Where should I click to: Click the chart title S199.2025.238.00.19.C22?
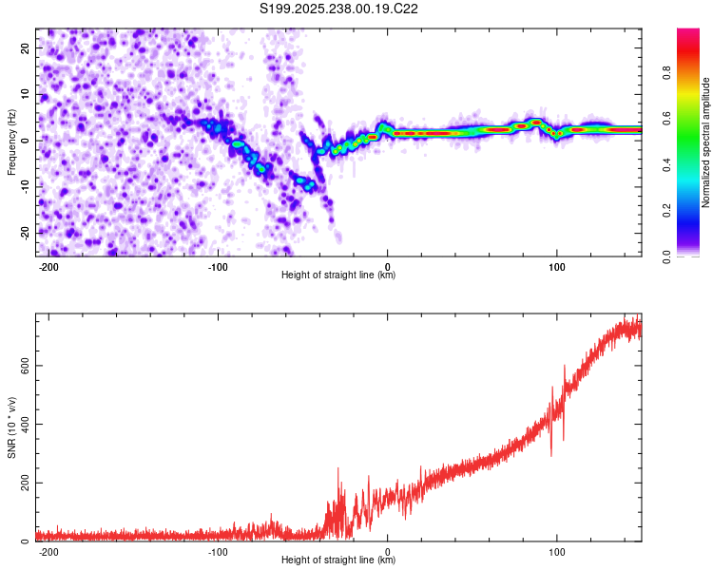[339, 9]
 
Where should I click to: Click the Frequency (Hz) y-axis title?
[12, 142]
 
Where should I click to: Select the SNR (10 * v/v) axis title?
[12, 428]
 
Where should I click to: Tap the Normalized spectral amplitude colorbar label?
[706, 142]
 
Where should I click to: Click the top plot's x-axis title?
[338, 275]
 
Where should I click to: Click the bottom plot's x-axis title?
[338, 560]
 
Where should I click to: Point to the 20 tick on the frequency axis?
[26, 47]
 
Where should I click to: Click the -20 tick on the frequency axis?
[24, 233]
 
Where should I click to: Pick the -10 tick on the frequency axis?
[24, 186]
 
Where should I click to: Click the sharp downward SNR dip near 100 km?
[550, 455]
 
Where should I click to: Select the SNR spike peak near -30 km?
[337, 468]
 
